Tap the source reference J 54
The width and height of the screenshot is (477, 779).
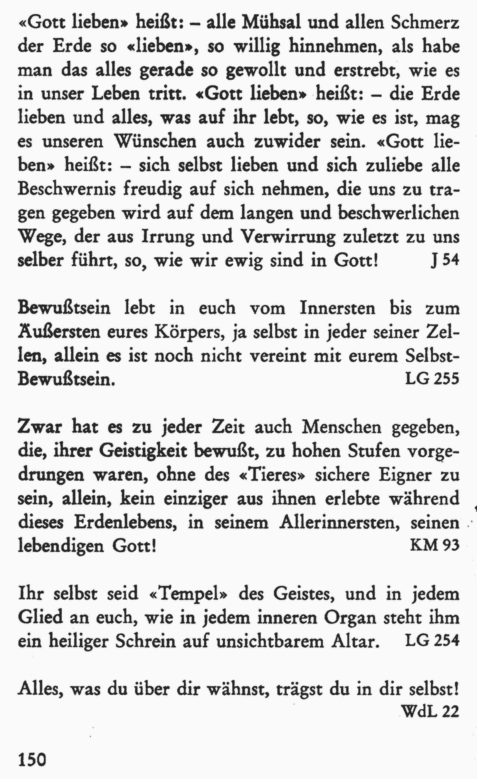click(x=445, y=260)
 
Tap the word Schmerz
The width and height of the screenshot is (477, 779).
click(x=425, y=23)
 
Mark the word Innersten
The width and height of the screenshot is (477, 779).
click(x=337, y=308)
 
